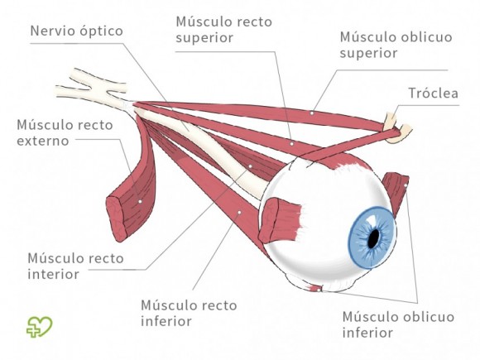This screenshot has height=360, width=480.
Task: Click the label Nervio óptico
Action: [76, 31]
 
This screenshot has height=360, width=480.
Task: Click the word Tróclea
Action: [433, 94]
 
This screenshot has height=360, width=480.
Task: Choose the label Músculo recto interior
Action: [75, 266]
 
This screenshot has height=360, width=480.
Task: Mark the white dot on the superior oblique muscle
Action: [312, 112]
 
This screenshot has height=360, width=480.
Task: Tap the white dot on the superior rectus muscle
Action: [291, 142]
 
